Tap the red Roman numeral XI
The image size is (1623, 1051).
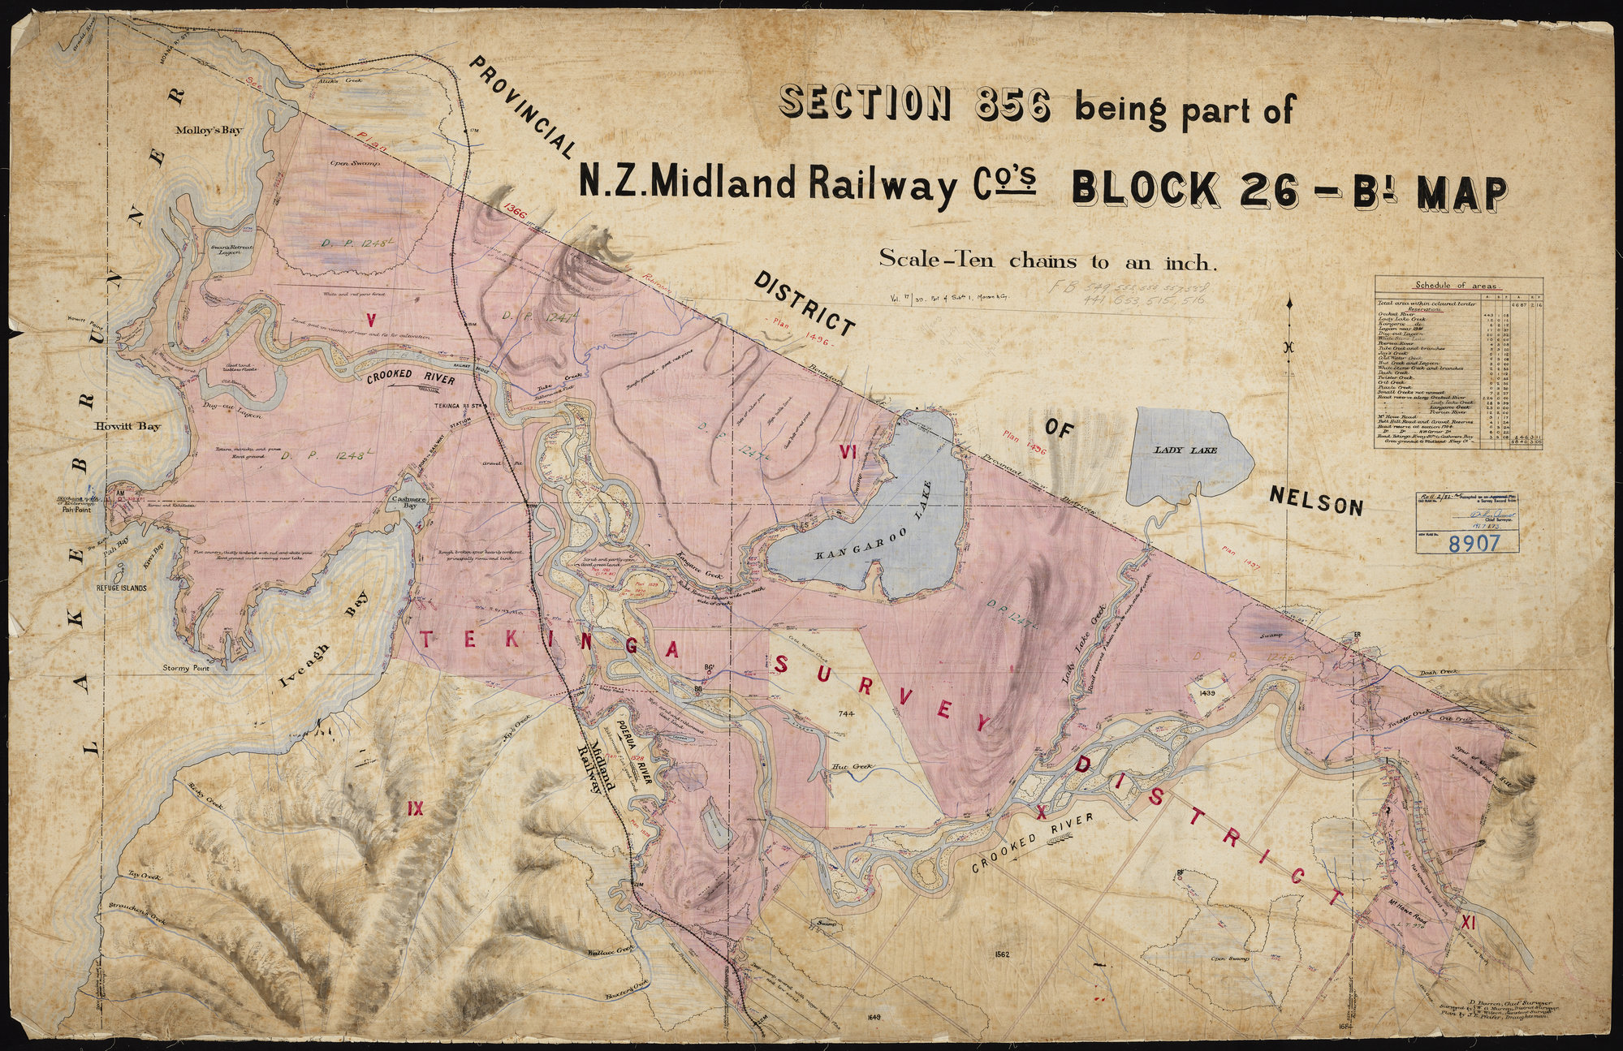click(x=1466, y=922)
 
